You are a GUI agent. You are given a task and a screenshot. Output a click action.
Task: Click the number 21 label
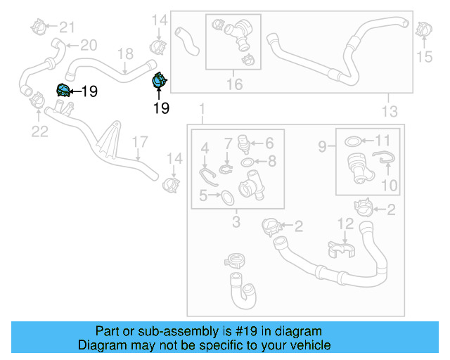[x=67, y=27]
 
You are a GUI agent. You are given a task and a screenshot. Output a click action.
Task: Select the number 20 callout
[x=88, y=46]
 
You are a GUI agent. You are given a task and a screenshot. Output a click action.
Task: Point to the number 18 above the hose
[x=124, y=54]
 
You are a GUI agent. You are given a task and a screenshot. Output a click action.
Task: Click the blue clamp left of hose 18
[x=63, y=91]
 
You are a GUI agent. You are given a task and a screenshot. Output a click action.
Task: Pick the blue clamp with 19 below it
[x=159, y=82]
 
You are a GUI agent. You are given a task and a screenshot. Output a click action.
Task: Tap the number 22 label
[x=39, y=131]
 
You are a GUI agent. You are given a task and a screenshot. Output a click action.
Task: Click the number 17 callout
[x=139, y=143]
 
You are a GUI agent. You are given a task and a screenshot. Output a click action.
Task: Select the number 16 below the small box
[x=233, y=84]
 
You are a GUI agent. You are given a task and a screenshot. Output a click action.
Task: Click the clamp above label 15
[x=423, y=30]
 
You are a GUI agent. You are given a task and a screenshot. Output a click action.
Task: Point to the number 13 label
[x=389, y=110]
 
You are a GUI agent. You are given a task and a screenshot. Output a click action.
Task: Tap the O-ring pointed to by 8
[x=248, y=163]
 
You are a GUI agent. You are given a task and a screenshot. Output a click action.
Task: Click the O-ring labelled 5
[x=228, y=198]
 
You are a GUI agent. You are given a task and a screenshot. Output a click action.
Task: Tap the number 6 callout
[x=269, y=143]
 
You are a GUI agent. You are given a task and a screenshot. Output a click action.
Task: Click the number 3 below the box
[x=236, y=223]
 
